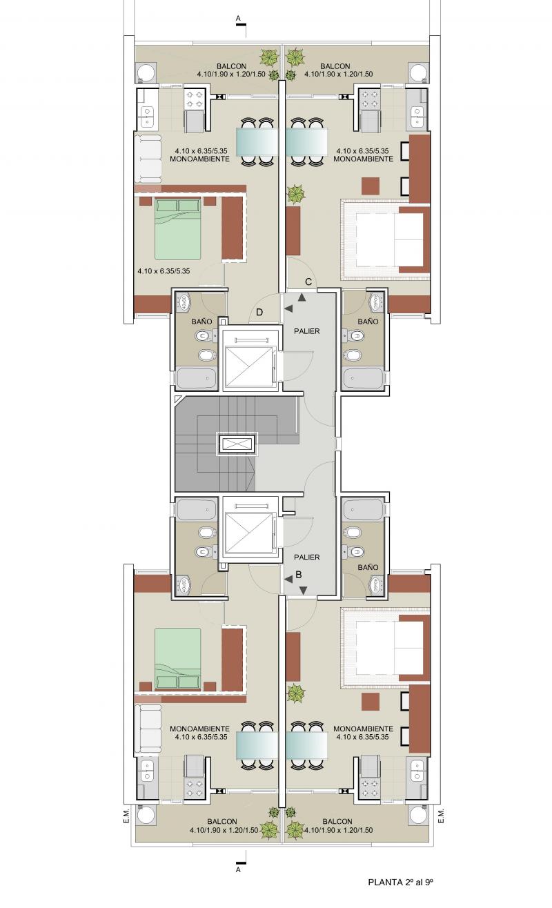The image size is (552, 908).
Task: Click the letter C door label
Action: [308, 282]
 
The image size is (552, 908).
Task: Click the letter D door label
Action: [259, 312]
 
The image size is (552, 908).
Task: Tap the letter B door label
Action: [299, 574]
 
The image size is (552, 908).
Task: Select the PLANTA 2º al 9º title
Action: [400, 882]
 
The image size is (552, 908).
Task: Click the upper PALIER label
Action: [307, 331]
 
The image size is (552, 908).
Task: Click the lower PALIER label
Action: [307, 557]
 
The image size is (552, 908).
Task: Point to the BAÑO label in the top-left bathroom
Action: [201, 322]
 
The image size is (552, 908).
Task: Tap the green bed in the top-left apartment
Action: [177, 229]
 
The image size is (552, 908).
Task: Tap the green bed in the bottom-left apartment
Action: [177, 659]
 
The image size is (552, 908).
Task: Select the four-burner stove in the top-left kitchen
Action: [194, 99]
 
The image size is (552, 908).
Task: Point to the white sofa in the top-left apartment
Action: [148, 159]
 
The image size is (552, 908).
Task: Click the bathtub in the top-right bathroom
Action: [364, 379]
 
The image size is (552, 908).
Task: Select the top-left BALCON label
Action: [231, 66]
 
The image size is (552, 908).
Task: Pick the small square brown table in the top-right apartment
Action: [371, 186]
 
